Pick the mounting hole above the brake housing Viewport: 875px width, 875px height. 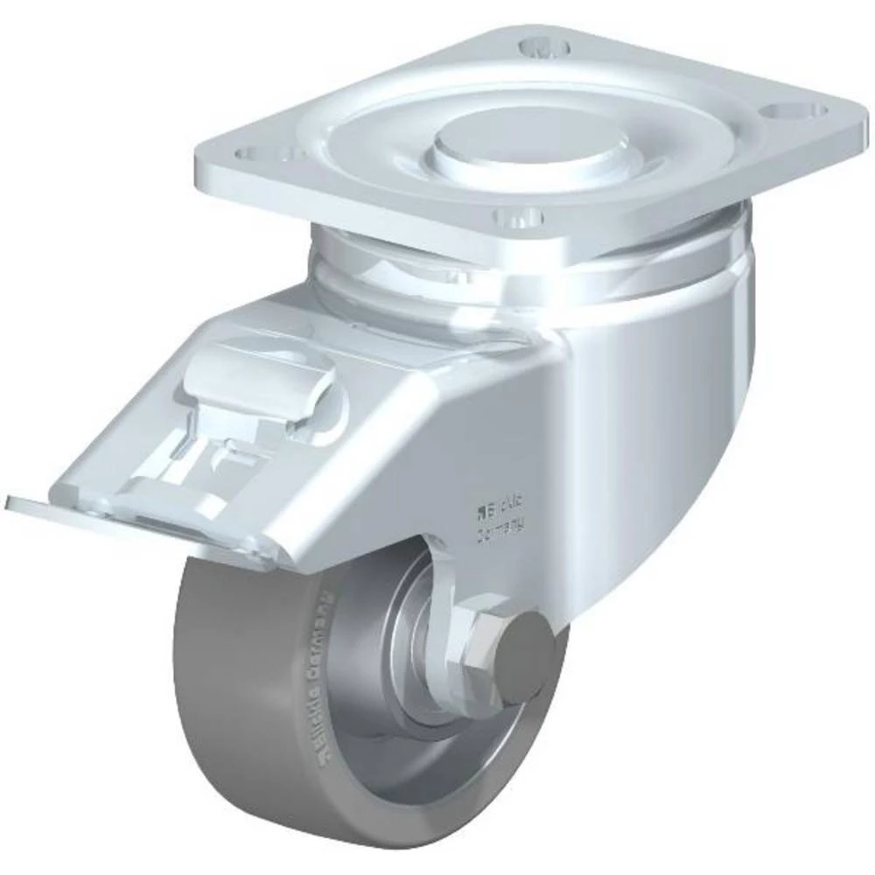click(x=259, y=153)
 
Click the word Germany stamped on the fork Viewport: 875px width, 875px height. click(x=500, y=529)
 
